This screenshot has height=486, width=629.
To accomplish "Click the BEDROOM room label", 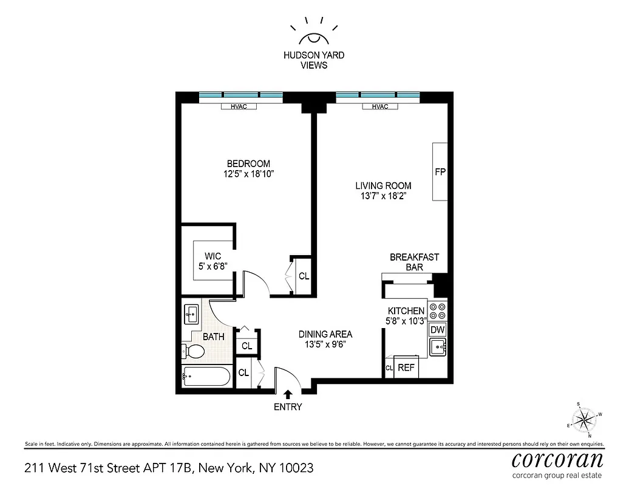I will pos(248,163).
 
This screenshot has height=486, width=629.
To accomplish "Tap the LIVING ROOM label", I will pos(383,185).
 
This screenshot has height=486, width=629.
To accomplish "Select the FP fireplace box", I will pos(440,172).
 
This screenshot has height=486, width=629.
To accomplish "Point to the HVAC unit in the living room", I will pos(380,106).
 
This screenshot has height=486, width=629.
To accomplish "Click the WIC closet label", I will pos(212,256).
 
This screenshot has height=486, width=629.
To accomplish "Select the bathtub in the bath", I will pos(206,377).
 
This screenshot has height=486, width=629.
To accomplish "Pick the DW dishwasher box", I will pos(437,329).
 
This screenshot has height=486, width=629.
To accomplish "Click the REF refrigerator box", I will pos(406,368).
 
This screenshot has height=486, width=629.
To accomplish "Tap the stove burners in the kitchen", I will pos(437,311).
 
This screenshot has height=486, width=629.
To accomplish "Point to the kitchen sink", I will pos(438,347).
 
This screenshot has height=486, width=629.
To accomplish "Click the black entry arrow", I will pos(288,394).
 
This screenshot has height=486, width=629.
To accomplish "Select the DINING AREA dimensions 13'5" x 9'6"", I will pos(325,344).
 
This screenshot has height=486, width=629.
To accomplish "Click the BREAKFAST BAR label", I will pos(414,262).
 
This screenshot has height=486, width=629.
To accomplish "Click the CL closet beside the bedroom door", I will pos(304,276).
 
